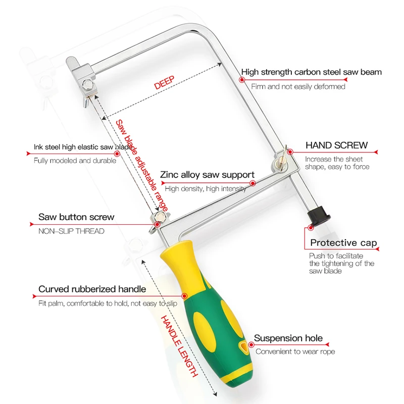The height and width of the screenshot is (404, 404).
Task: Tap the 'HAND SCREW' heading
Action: tap(336, 145)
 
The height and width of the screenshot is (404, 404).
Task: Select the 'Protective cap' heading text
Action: tap(343, 243)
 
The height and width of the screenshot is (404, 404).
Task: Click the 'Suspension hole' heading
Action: tap(288, 338)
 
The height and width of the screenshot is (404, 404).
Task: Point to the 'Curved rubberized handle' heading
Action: tap(92, 289)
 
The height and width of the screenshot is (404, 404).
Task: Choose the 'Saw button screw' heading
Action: tap(76, 217)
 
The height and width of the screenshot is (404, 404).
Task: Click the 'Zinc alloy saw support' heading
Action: tap(207, 175)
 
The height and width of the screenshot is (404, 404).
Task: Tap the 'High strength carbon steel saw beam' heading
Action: tap(311, 72)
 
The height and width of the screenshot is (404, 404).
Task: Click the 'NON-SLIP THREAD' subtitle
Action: tap(71, 231)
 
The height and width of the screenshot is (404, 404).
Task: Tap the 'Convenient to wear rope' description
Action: tap(295, 351)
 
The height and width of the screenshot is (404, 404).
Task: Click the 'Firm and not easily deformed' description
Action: tap(298, 86)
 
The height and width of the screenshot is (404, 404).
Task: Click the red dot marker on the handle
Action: tap(184, 296)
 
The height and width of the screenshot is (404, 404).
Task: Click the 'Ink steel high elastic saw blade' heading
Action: tap(75, 147)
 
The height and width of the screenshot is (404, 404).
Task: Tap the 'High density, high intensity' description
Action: tap(206, 189)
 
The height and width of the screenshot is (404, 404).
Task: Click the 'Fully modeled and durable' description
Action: tap(75, 161)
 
